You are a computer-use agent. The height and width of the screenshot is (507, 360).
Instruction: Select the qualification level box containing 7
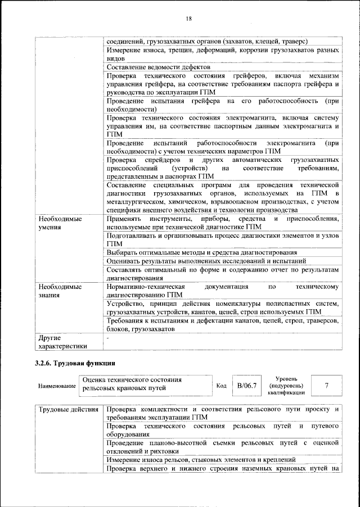(326, 386)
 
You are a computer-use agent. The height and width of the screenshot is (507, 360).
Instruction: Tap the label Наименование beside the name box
(56, 387)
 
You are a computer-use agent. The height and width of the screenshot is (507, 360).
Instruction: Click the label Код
(221, 386)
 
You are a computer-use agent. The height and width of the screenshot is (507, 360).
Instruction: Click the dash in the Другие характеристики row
(108, 337)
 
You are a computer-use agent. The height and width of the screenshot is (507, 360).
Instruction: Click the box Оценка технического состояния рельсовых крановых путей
(146, 384)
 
